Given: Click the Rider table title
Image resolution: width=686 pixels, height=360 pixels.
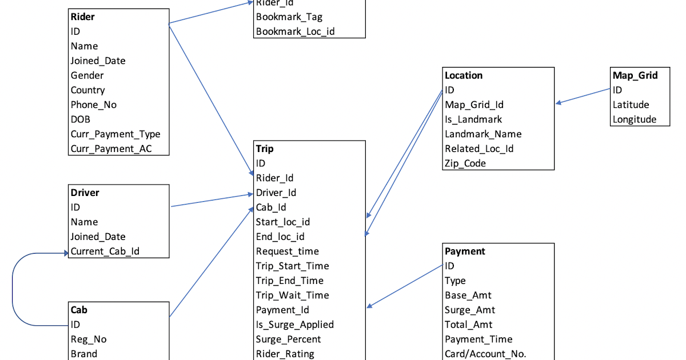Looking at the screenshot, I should pyautogui.click(x=83, y=17).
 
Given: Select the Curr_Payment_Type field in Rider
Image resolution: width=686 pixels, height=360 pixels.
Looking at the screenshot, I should pyautogui.click(x=115, y=134).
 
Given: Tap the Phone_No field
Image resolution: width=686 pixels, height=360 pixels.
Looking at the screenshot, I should pyautogui.click(x=94, y=105).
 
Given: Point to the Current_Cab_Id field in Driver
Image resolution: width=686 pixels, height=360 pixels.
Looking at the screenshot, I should pyautogui.click(x=105, y=251).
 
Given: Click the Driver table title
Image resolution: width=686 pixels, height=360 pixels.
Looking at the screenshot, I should pyautogui.click(x=85, y=193).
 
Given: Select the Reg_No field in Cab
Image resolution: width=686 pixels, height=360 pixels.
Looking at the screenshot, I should pyautogui.click(x=89, y=339).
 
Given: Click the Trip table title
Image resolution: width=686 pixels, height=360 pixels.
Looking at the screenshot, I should pyautogui.click(x=265, y=149).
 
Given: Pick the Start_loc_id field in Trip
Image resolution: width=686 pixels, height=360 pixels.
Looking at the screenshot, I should pyautogui.click(x=283, y=222).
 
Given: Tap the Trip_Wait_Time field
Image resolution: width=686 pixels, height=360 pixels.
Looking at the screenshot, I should pyautogui.click(x=293, y=295).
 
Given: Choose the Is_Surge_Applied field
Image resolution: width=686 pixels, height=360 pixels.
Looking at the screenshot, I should pyautogui.click(x=295, y=325).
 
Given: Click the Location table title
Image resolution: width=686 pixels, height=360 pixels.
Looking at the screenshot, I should pyautogui.click(x=464, y=75).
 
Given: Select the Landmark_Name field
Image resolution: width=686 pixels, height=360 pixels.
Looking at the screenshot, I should pyautogui.click(x=483, y=134).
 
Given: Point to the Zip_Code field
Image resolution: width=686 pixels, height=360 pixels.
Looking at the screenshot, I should pyautogui.click(x=465, y=163).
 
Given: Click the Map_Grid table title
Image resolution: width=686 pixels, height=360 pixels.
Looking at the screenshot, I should pyautogui.click(x=635, y=75).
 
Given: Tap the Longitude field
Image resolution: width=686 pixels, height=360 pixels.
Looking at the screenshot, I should pyautogui.click(x=635, y=119).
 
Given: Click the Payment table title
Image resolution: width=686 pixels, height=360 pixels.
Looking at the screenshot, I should pyautogui.click(x=465, y=251).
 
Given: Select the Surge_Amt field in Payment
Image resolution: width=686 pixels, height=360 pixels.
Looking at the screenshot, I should pyautogui.click(x=470, y=310).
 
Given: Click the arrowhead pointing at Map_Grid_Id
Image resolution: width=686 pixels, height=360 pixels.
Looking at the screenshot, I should pyautogui.click(x=558, y=103).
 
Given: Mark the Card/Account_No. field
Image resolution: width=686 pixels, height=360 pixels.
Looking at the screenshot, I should pyautogui.click(x=485, y=354).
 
